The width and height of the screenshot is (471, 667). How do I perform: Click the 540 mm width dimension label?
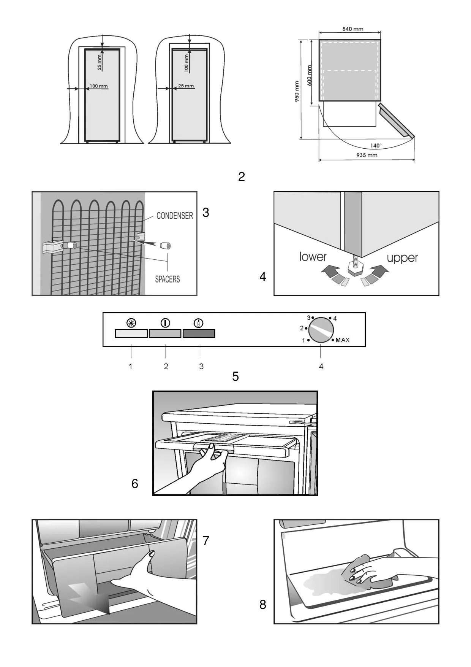coord(352,29)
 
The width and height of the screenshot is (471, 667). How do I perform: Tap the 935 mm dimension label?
coord(367,155)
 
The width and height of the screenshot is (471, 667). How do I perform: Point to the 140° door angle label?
coord(376,146)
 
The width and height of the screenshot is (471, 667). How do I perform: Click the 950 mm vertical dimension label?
coord(297,91)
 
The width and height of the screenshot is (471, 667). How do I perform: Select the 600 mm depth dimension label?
coord(309,75)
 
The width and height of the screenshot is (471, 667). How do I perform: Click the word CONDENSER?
coord(175,216)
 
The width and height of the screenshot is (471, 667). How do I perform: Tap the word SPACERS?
coord(167,279)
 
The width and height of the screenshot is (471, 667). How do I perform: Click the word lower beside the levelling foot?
coord(313,257)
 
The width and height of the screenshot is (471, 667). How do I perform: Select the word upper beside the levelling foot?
coord(402,258)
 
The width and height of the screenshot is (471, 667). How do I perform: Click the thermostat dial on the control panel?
coord(321,330)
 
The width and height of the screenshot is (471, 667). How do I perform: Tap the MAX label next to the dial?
coord(342,340)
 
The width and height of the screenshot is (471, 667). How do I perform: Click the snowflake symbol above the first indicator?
coord(131,323)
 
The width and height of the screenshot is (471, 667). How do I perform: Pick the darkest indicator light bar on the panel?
coord(199,333)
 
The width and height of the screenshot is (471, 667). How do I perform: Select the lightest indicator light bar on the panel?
coord(131,333)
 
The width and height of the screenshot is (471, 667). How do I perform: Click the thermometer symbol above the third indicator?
coord(199,323)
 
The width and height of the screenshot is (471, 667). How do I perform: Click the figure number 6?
coord(135,483)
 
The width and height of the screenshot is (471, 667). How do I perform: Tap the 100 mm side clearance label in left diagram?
coord(99,86)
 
